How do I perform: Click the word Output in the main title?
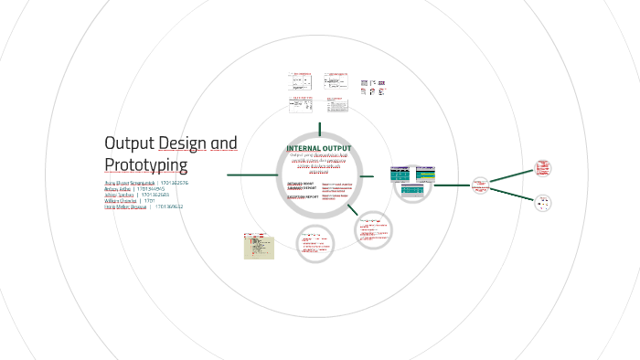129,143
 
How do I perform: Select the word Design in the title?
182,143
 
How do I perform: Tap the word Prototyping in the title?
146,165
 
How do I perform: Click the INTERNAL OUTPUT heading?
318,148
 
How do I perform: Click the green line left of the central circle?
251,175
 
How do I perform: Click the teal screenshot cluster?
413,182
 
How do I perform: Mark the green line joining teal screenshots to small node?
453,185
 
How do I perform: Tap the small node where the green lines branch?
481,185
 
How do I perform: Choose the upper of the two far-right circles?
543,167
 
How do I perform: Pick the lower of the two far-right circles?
543,204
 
